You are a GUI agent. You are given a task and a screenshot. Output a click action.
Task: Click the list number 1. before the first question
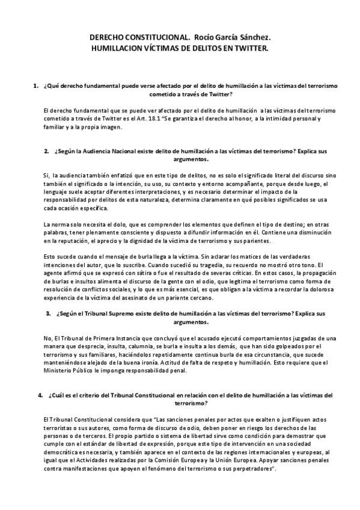coord(37,87)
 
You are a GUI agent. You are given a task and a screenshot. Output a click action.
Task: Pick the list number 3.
coord(48,314)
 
